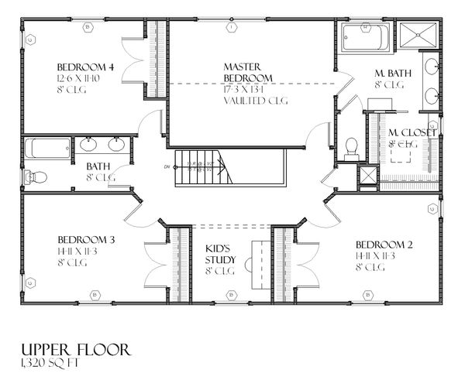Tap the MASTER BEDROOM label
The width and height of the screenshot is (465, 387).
pos(247,73)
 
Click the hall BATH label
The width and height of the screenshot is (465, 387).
pos(97,166)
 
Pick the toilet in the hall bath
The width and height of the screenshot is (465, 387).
pos(35,177)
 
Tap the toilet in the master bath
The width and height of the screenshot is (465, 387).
pos(351,147)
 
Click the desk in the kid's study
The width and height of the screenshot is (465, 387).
pos(255,263)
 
